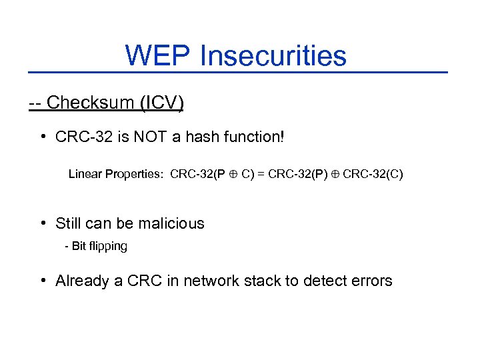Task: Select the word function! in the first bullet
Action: coord(255,138)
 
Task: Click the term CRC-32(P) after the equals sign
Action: coord(299,175)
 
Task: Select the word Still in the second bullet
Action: coord(69,223)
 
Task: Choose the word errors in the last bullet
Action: coord(371,281)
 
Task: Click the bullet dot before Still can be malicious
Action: coord(43,223)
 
